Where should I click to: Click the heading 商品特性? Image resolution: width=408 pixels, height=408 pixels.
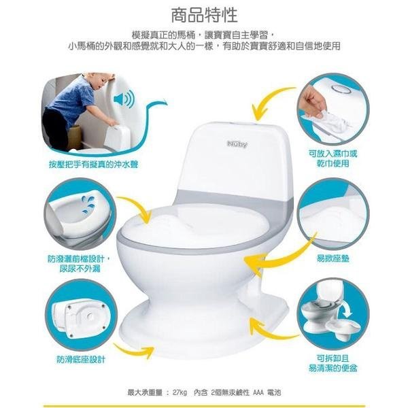tap(204, 15)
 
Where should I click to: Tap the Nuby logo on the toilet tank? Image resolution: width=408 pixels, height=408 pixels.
tap(237, 144)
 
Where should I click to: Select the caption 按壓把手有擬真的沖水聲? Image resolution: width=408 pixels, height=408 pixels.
tap(93, 165)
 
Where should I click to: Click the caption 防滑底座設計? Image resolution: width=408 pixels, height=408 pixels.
tap(81, 360)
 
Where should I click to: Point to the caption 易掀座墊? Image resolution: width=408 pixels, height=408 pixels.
tap(333, 258)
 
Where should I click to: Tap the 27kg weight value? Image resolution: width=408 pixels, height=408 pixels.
tap(180, 392)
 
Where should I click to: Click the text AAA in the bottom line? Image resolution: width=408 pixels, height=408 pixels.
tap(258, 392)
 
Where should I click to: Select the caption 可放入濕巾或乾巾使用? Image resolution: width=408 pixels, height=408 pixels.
tap(333, 158)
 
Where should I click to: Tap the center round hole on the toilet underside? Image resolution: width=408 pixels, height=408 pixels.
tap(90, 316)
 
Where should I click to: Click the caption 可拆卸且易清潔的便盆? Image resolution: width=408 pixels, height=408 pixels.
tap(333, 363)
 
